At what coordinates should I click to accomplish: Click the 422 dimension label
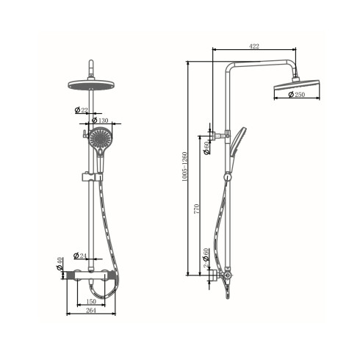click(254, 46)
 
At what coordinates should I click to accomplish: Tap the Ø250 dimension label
click(297, 94)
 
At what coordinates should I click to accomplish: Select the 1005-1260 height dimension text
click(184, 167)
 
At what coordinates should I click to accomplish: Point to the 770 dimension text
click(197, 209)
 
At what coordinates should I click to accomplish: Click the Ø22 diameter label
click(82, 110)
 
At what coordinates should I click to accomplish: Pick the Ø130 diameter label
click(100, 120)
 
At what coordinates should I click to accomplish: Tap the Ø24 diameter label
click(80, 256)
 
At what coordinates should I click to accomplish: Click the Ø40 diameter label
click(60, 264)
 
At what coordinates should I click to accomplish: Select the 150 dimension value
click(91, 301)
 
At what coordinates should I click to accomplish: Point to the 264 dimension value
click(91, 310)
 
